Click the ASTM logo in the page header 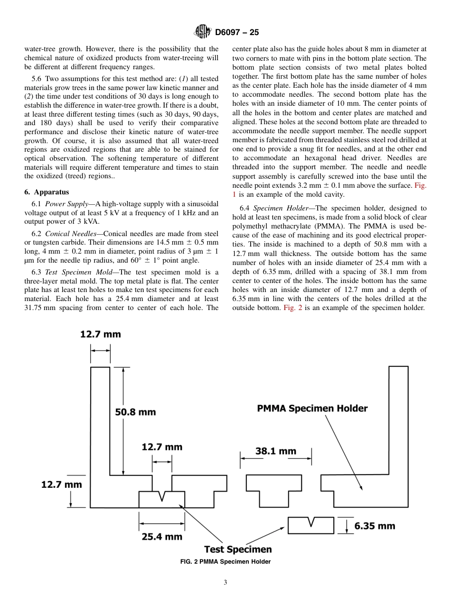[203, 32]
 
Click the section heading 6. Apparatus [47, 192]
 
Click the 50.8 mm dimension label [135, 412]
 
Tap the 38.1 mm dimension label [275, 451]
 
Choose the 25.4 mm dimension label [162, 537]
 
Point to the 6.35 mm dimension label [375, 526]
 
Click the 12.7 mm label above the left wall [100, 334]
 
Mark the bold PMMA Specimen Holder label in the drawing [312, 408]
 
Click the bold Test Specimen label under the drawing [238, 549]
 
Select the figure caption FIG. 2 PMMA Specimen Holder [225, 562]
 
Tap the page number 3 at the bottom [225, 583]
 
